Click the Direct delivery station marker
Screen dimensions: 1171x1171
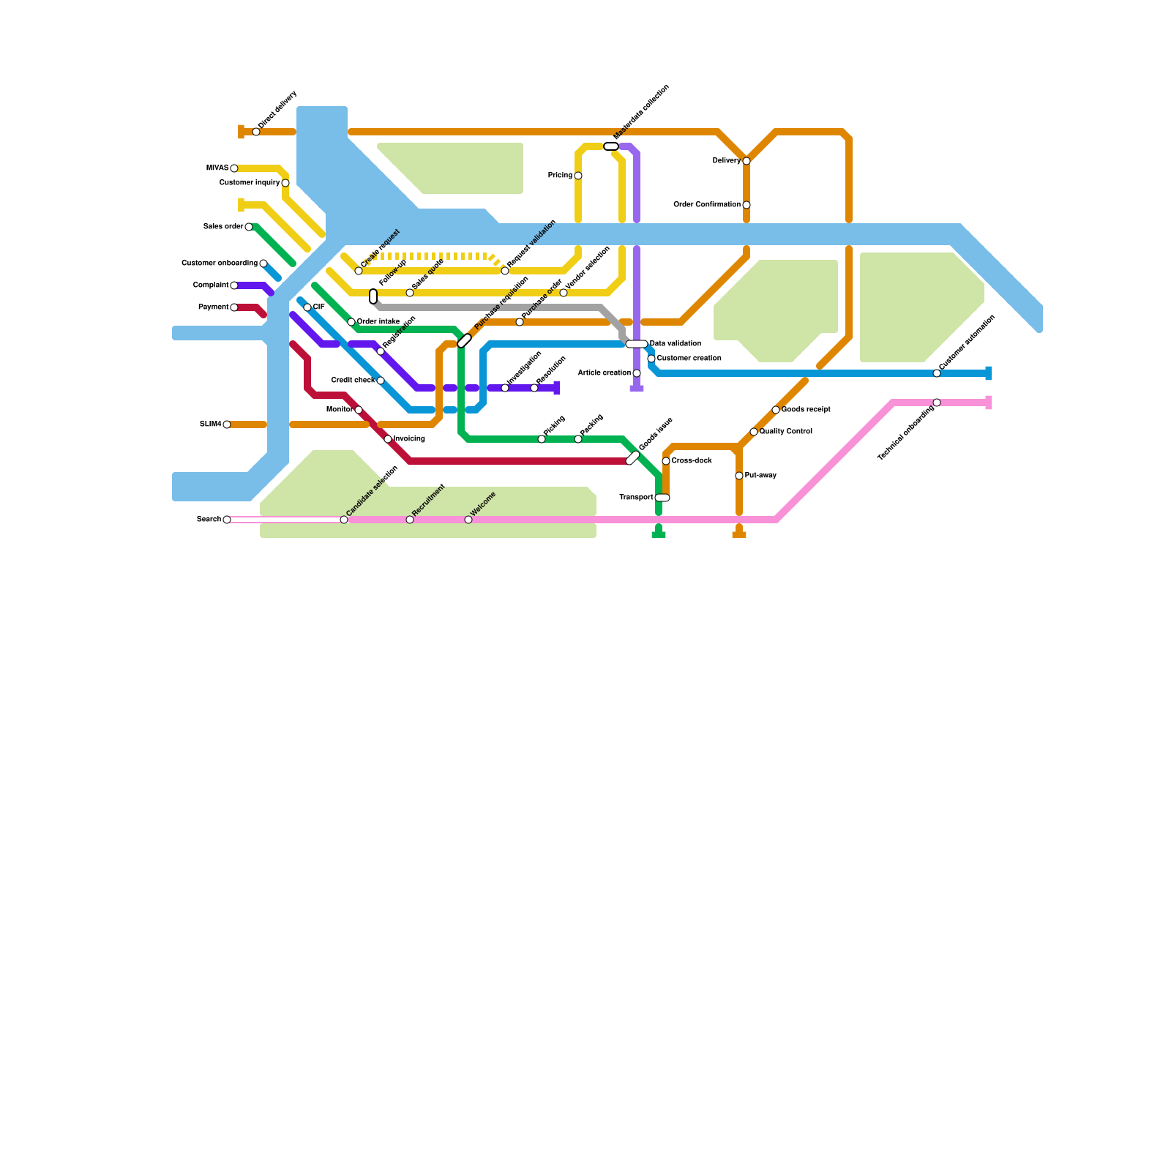pyautogui.click(x=256, y=132)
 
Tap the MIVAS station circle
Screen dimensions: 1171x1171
pyautogui.click(x=234, y=168)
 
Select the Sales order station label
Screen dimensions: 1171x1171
pyautogui.click(x=223, y=227)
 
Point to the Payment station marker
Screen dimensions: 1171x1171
pyautogui.click(x=234, y=307)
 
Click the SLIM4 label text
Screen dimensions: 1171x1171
pyautogui.click(x=210, y=424)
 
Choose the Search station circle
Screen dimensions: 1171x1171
pyautogui.click(x=227, y=520)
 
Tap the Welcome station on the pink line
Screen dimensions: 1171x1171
pyautogui.click(x=468, y=520)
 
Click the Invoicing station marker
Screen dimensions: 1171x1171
pyautogui.click(x=388, y=439)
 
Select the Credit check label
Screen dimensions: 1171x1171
pyautogui.click(x=353, y=381)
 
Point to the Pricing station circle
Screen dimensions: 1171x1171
pyautogui.click(x=578, y=176)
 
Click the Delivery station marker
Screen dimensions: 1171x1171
pyautogui.click(x=747, y=161)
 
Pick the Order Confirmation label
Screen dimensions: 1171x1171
pyautogui.click(x=706, y=205)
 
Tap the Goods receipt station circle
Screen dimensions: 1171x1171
pyautogui.click(x=776, y=410)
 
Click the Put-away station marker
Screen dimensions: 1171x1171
pyautogui.click(x=739, y=476)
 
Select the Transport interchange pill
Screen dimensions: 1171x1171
pyautogui.click(x=662, y=498)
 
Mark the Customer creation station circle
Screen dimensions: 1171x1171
pyautogui.click(x=651, y=359)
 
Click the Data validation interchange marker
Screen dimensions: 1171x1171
pyautogui.click(x=637, y=344)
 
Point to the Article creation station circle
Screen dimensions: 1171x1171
pyautogui.click(x=637, y=373)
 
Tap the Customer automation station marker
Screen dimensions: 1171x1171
pyautogui.click(x=937, y=373)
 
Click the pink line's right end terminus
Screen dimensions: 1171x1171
pyautogui.click(x=988, y=403)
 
